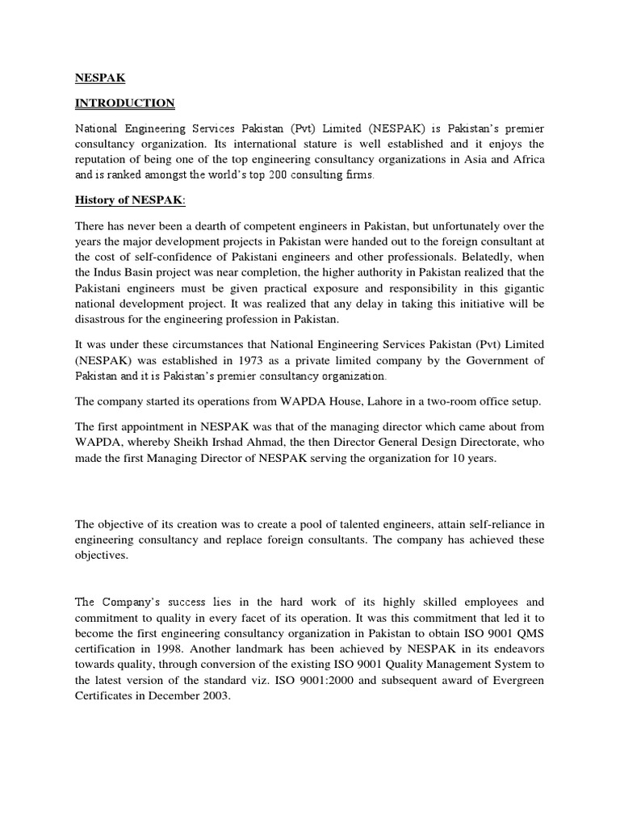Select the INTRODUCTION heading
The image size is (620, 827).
(x=124, y=103)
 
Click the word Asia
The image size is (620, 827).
(x=476, y=159)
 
